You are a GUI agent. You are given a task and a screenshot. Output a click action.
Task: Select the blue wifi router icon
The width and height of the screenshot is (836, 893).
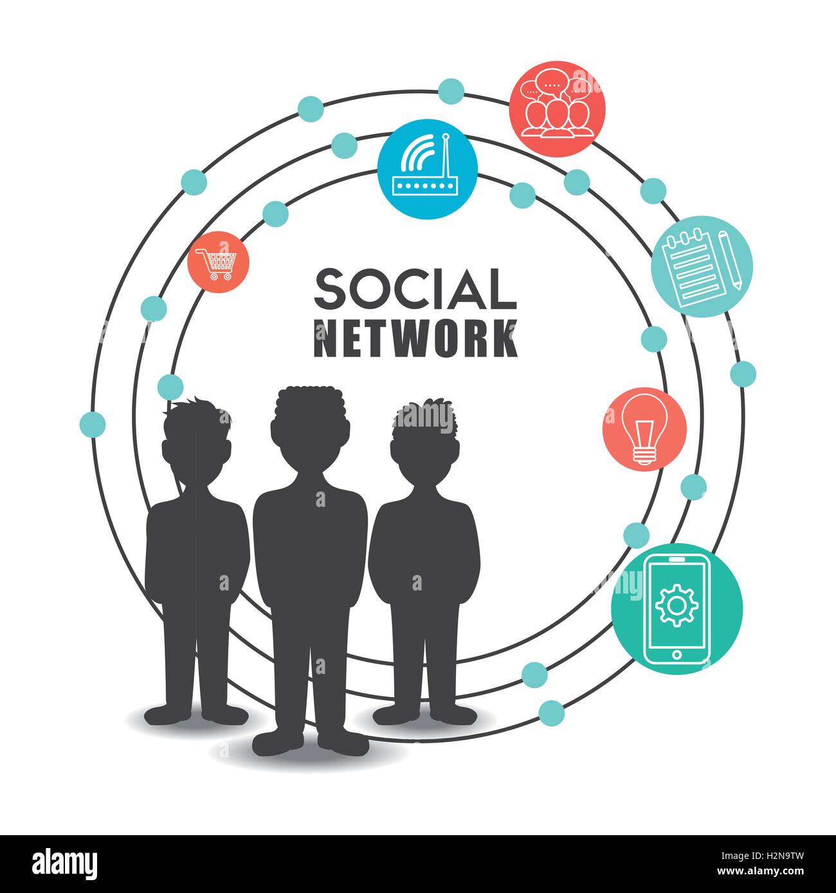427,169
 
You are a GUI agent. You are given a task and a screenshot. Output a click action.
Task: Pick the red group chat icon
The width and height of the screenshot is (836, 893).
557,107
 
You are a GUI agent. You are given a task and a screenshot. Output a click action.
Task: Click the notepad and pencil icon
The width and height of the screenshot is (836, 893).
702,267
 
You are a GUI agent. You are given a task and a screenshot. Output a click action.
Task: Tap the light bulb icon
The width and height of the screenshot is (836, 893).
644,428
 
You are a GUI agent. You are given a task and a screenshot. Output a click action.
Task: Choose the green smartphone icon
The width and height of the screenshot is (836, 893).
677,607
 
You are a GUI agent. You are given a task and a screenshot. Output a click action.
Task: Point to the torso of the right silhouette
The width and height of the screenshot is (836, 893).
424,546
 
